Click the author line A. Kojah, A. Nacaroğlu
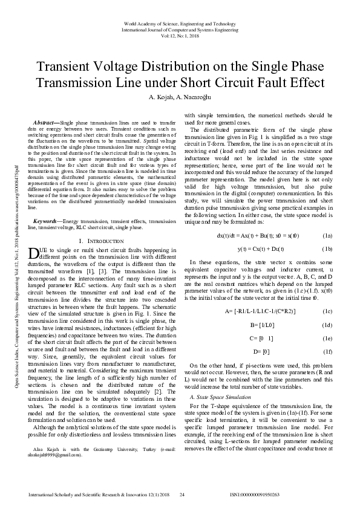[180, 97]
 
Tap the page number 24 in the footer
[181, 495]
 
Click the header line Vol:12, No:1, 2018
[180, 36]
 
